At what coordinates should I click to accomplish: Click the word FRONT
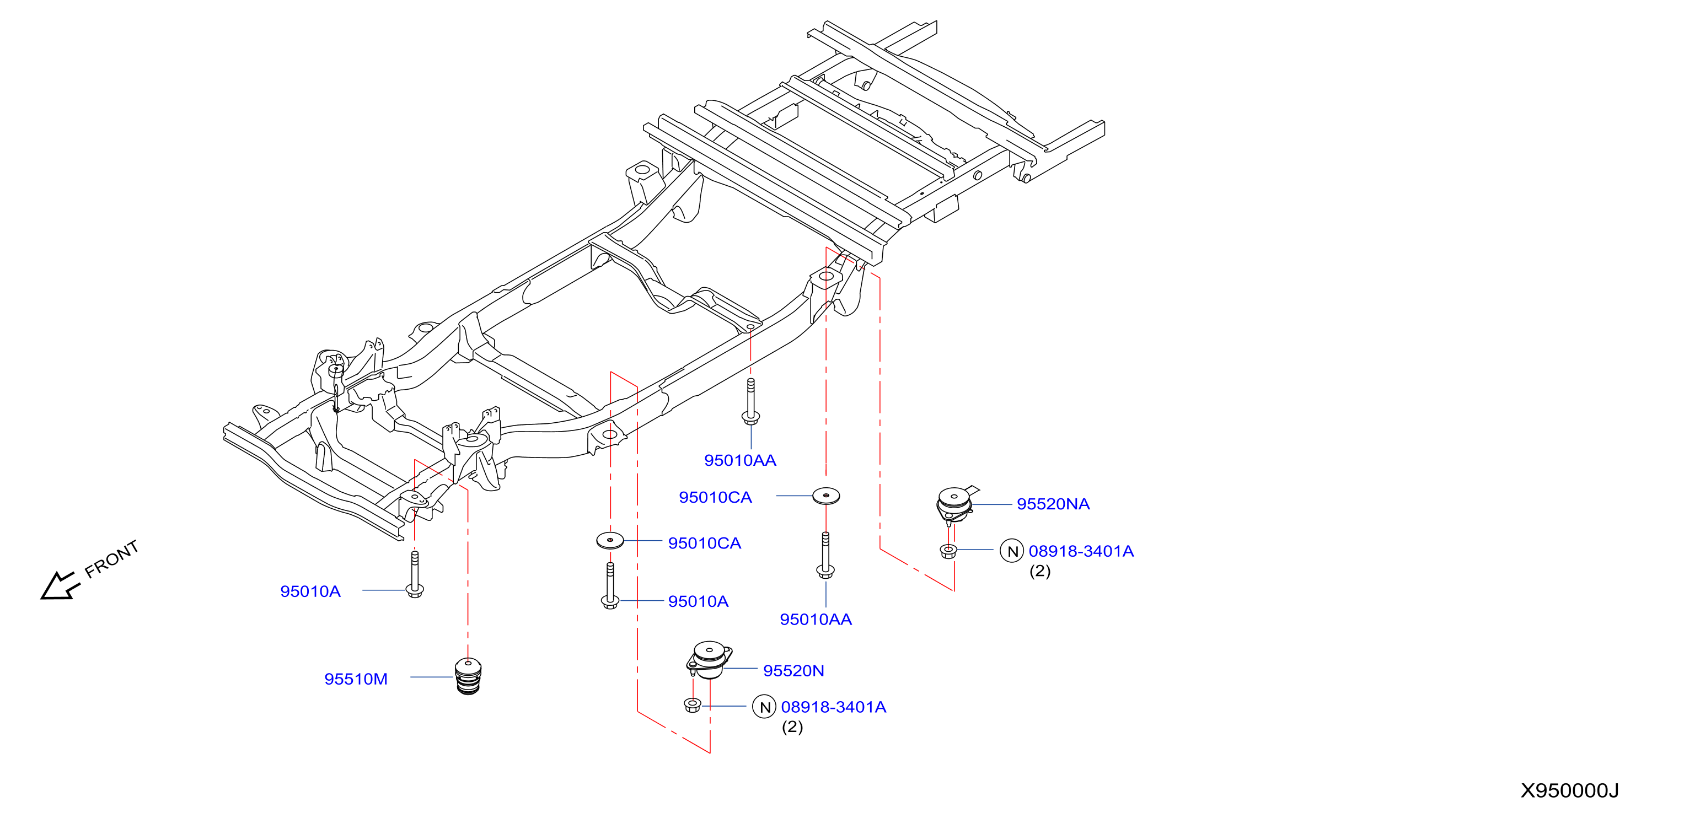112,559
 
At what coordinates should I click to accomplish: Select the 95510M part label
356,679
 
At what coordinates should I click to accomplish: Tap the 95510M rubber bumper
468,676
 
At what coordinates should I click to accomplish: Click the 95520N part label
793,670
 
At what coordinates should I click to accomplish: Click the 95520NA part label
1053,504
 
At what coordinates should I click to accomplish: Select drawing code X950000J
1569,790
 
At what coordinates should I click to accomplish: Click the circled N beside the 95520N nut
764,707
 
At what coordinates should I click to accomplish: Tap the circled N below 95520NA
1012,551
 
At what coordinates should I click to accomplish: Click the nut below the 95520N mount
693,705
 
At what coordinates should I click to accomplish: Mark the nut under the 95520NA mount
948,551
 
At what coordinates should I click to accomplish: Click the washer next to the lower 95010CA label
610,540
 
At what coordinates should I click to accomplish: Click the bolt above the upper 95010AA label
750,401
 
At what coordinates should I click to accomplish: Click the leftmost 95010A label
310,591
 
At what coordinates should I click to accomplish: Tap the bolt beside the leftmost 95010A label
415,575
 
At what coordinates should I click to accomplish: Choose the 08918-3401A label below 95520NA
1081,551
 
